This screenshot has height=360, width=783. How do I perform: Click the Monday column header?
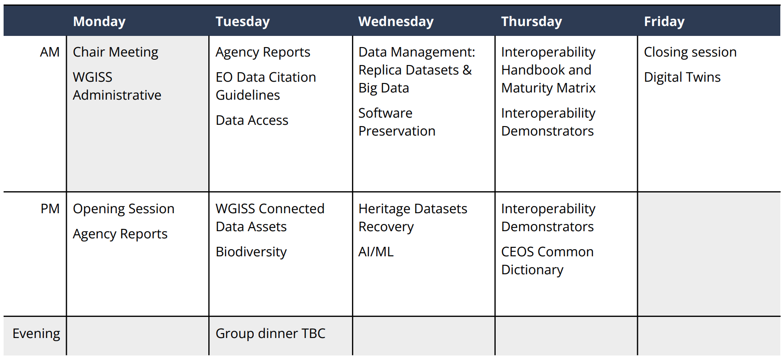tap(99, 22)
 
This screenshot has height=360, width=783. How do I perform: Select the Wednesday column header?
tap(396, 22)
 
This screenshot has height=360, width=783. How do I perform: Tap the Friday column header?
tap(664, 22)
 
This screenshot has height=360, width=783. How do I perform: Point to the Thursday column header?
tap(532, 22)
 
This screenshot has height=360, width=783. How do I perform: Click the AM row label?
tap(50, 52)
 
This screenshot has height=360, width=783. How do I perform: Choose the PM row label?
tap(50, 209)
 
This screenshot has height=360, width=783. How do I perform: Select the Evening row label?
tap(36, 334)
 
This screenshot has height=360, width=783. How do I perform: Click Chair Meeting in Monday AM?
tap(115, 53)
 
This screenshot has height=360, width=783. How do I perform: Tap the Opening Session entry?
tap(123, 209)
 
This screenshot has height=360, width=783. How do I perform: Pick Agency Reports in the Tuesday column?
tap(263, 53)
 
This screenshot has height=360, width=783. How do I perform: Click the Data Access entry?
tap(252, 120)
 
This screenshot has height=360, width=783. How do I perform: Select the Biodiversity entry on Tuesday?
tap(251, 252)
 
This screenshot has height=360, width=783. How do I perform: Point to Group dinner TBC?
tap(270, 334)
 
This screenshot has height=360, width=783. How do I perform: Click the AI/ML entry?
tap(376, 252)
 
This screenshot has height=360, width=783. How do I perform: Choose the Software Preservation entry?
tap(397, 122)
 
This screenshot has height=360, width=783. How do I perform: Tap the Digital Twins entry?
tap(682, 78)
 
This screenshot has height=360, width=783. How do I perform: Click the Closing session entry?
tap(690, 53)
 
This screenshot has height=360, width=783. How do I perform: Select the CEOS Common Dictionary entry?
tap(547, 261)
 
